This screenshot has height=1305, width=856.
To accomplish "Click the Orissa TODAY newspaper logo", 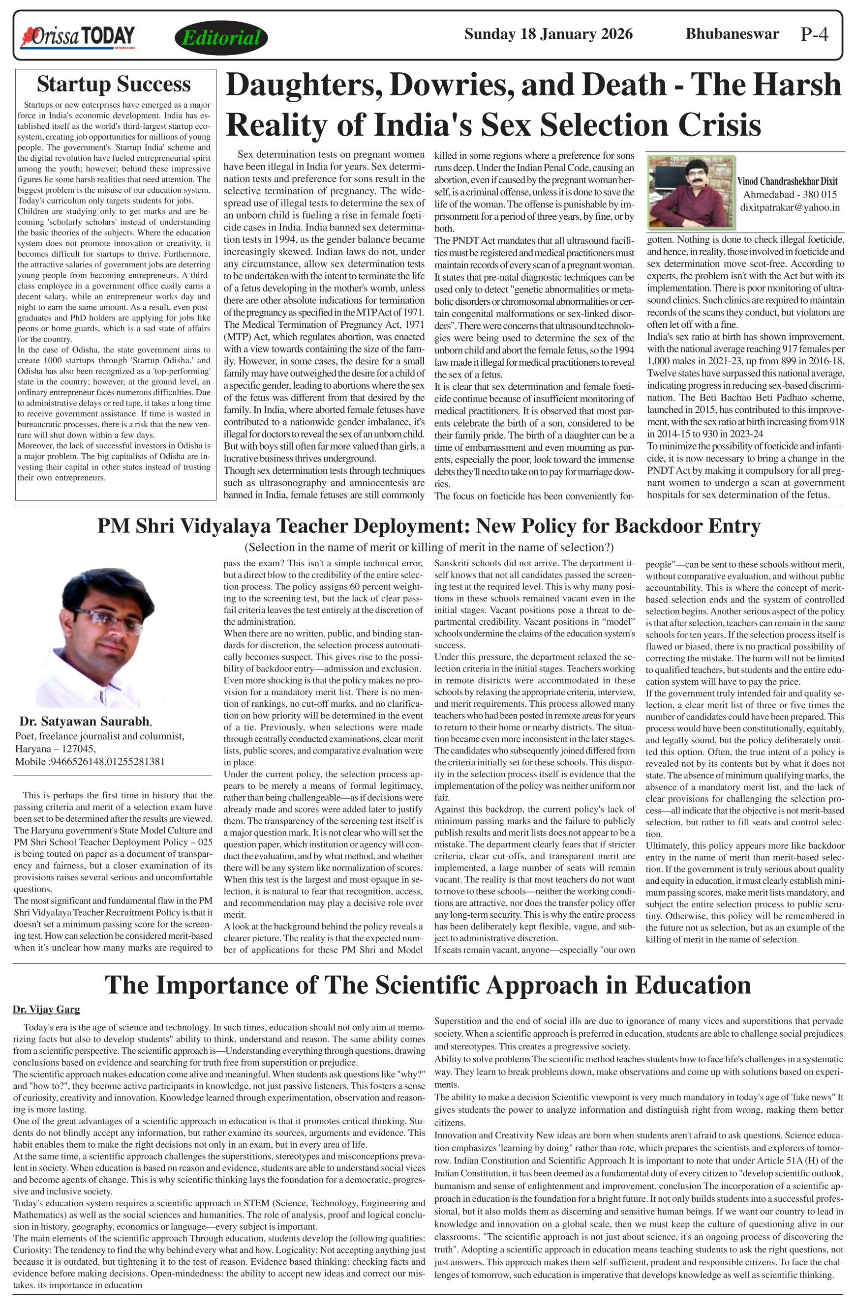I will pyautogui.click(x=77, y=37).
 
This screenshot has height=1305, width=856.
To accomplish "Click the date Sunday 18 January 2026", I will pyautogui.click(x=548, y=34).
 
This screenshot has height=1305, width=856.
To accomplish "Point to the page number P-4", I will pyautogui.click(x=814, y=34).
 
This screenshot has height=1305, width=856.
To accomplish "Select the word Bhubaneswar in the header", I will pyautogui.click(x=732, y=34).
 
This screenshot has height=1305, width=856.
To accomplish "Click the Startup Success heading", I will pyautogui.click(x=114, y=84).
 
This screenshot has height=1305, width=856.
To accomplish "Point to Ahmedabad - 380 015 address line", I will pyautogui.click(x=790, y=195).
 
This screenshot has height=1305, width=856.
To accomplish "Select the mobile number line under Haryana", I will pyautogui.click(x=90, y=761).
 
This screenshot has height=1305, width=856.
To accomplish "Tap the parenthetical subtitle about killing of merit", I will pyautogui.click(x=428, y=547).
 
